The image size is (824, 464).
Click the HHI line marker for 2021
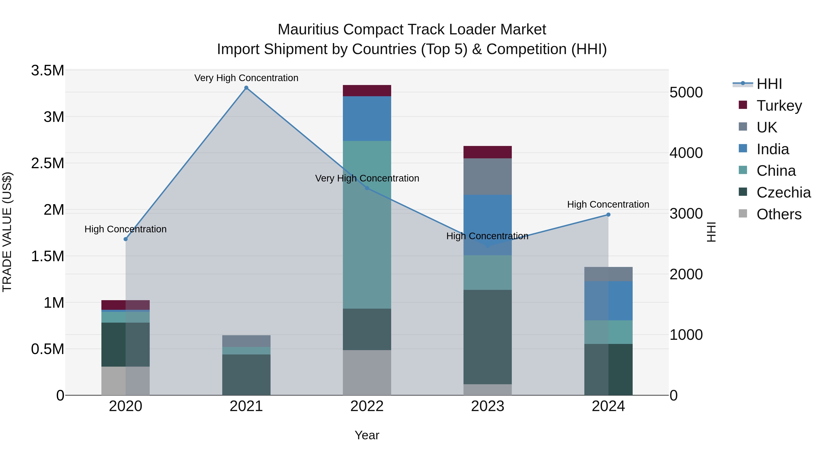tap(246, 88)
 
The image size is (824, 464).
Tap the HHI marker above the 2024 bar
tap(608, 214)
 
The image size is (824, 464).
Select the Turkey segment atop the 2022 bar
tap(367, 91)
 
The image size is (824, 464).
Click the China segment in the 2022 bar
tap(367, 224)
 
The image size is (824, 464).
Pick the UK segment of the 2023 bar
tap(488, 176)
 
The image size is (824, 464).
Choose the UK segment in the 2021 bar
tap(246, 341)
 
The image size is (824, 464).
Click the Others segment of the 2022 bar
tap(367, 372)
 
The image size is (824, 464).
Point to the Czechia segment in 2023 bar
tap(488, 337)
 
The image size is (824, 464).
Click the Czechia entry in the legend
tap(783, 192)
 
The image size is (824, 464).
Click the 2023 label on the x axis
tap(488, 406)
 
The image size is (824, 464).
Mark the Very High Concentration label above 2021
tap(246, 78)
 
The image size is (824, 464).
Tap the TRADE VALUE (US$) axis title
tap(7, 232)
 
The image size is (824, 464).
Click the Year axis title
tap(367, 435)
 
